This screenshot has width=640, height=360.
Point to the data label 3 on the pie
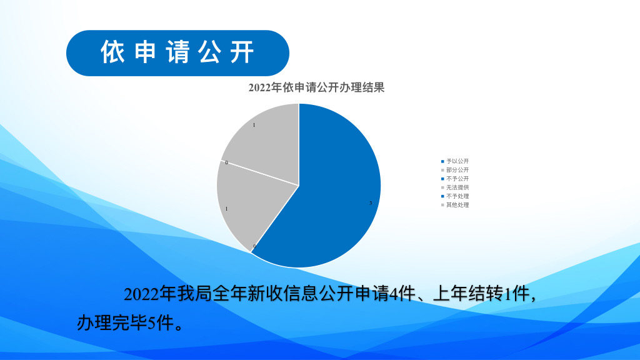(x=371, y=203)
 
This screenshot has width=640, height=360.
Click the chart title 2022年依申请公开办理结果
(x=316, y=87)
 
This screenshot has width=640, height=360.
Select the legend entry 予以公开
(x=457, y=161)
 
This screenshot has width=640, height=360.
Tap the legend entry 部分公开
(x=457, y=170)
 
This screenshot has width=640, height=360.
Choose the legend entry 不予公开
(x=457, y=179)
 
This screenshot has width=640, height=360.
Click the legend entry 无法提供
(x=457, y=187)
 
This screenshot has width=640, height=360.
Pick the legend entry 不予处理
(x=457, y=196)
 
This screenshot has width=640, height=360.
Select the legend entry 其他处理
(x=457, y=205)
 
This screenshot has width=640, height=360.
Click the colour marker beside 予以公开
(x=442, y=162)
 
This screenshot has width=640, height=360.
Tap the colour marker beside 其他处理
(x=442, y=205)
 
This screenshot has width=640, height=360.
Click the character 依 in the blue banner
(x=112, y=52)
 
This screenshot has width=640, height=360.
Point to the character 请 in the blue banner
(x=178, y=52)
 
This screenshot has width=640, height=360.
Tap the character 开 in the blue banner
(x=242, y=52)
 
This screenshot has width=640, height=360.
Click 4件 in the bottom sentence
(x=402, y=294)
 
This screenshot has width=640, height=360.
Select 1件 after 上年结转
(x=517, y=294)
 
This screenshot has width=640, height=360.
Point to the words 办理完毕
(x=112, y=323)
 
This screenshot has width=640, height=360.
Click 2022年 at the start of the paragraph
(x=150, y=294)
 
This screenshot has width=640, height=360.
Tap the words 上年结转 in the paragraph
(x=468, y=294)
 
